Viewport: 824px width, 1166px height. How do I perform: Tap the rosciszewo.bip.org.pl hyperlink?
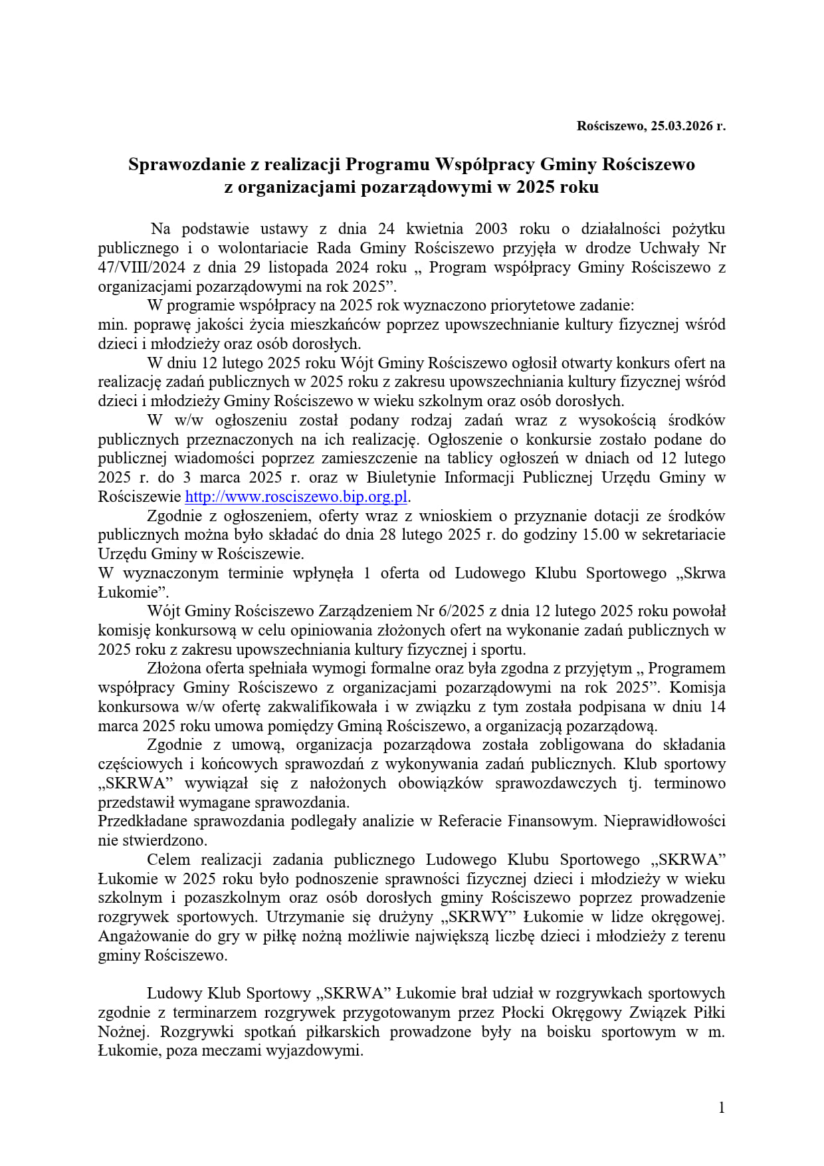(296, 497)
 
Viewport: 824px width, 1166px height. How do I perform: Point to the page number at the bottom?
(722, 1108)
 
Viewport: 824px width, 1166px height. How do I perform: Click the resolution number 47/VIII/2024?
(133, 268)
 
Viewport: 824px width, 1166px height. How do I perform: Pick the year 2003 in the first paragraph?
(491, 229)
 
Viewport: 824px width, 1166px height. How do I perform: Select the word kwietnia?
(435, 229)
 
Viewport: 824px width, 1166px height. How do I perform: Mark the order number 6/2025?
(460, 612)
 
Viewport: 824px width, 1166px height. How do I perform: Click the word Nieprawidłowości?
(665, 822)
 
